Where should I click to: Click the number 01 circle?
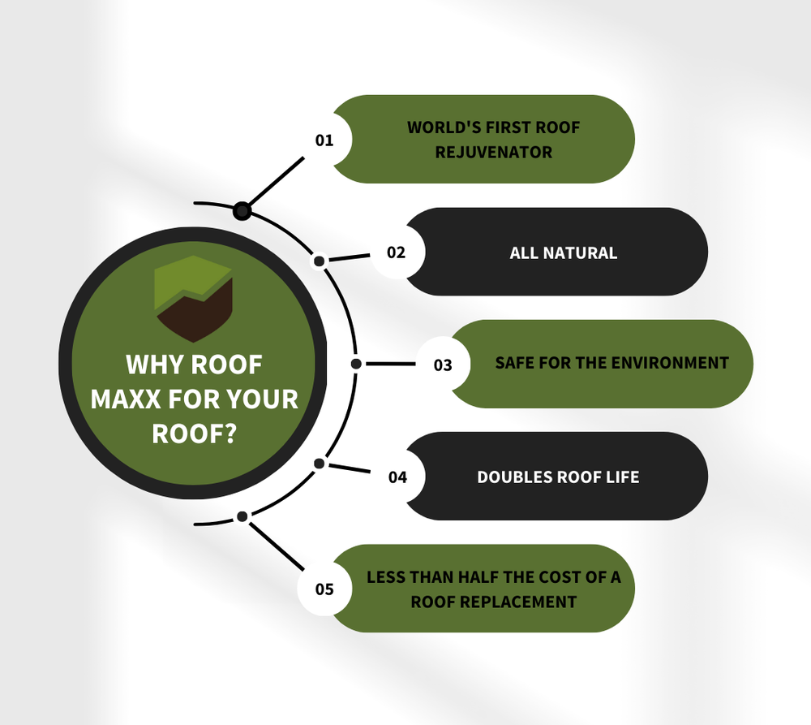(325, 140)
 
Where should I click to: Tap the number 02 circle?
(397, 252)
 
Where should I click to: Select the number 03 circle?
(443, 365)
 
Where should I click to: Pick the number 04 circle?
(397, 477)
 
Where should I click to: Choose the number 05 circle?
(324, 589)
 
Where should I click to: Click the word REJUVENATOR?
(493, 152)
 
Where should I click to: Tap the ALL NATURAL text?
(564, 252)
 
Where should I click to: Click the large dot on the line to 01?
(242, 212)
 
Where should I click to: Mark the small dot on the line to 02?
(320, 261)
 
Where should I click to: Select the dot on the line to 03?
(355, 364)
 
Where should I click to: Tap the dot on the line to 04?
(320, 464)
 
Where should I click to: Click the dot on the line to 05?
(241, 516)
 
